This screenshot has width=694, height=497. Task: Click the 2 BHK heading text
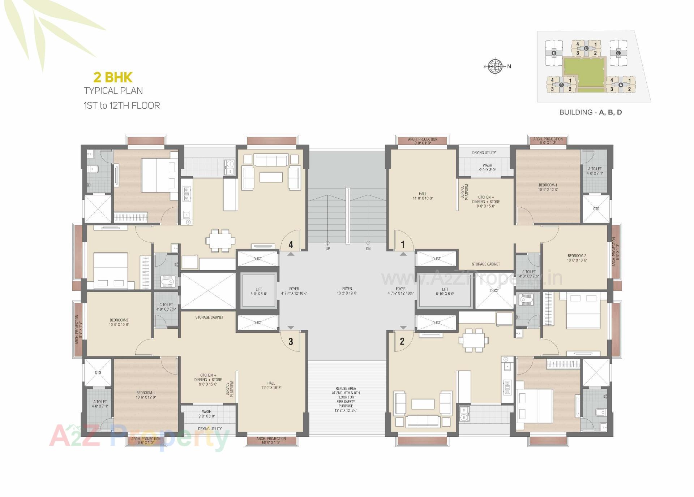(113, 77)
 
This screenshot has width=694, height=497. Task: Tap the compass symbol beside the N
(495, 66)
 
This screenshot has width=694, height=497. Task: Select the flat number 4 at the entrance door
(291, 245)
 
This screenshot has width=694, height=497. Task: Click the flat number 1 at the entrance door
(403, 245)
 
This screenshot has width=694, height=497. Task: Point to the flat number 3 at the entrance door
(291, 342)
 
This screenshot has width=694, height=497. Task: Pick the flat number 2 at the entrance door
(402, 341)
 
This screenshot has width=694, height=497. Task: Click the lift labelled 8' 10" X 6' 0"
(445, 291)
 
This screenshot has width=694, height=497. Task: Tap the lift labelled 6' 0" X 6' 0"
(259, 291)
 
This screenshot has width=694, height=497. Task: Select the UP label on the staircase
(327, 249)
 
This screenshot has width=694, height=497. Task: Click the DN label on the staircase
(368, 249)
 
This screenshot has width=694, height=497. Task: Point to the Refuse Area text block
(346, 399)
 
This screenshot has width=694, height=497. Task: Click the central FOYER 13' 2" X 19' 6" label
(347, 291)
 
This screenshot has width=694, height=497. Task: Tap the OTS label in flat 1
(596, 209)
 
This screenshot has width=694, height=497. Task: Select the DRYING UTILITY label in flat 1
(484, 152)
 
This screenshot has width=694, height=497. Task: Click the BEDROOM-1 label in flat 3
(146, 395)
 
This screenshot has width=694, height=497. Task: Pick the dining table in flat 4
(220, 240)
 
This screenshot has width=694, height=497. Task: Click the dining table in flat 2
(474, 340)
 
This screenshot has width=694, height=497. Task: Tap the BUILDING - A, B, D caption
(590, 112)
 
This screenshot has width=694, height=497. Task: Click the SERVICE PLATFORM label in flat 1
(464, 191)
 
